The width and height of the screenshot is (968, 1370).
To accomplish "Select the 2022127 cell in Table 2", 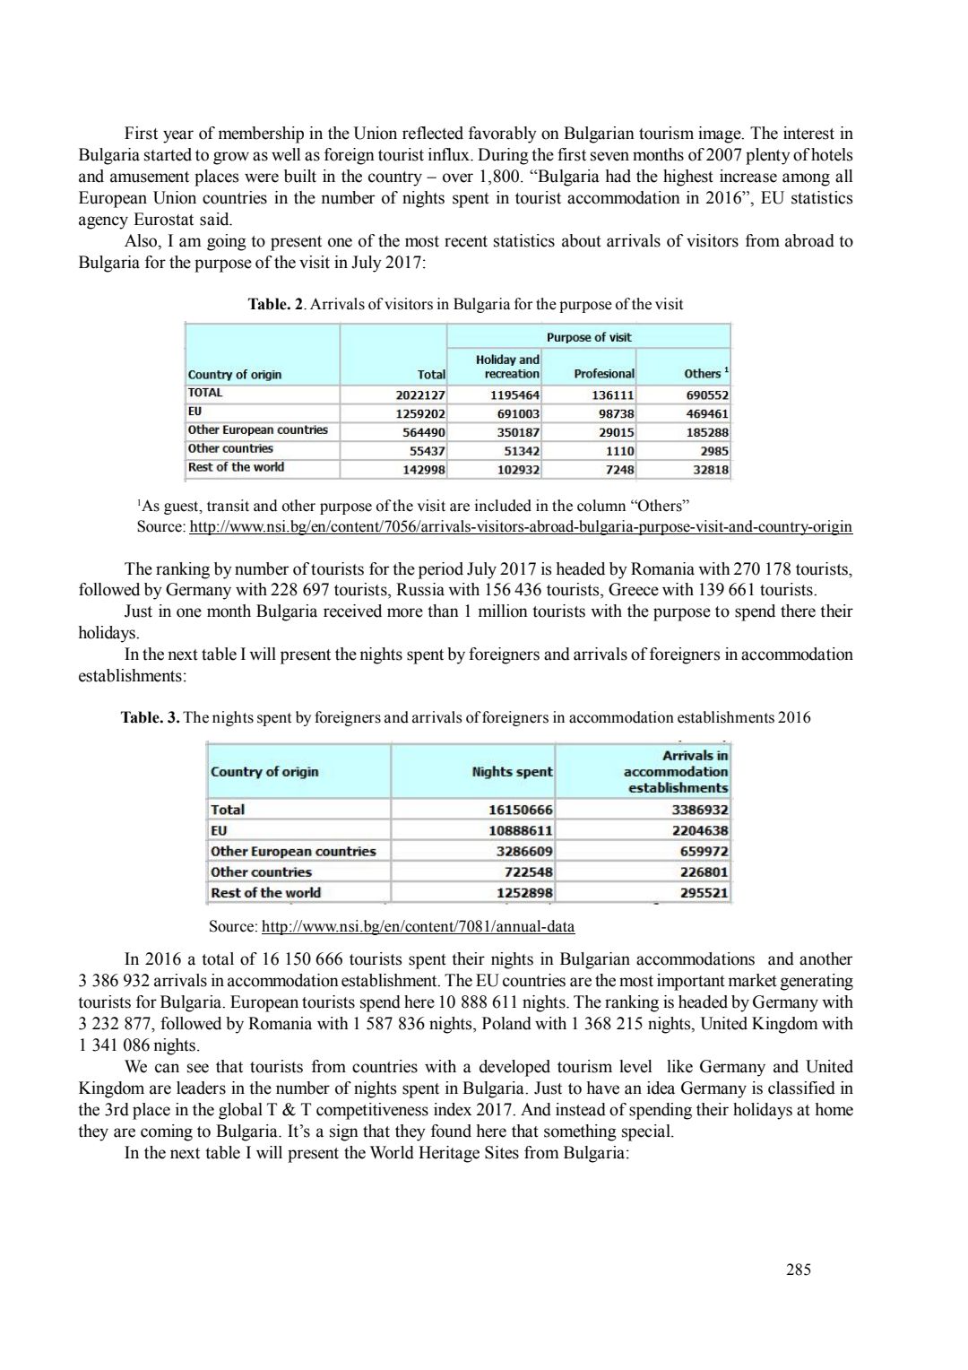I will pyautogui.click(x=420, y=395).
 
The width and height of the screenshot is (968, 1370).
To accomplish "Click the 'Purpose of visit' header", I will pyautogui.click(x=588, y=337).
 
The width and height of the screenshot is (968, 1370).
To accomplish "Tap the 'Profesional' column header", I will pyautogui.click(x=603, y=373).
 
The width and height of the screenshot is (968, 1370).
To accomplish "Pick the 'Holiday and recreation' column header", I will pyautogui.click(x=507, y=367).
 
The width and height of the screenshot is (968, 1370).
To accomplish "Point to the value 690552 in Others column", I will pyautogui.click(x=706, y=395).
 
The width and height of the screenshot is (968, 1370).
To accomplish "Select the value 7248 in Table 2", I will pyautogui.click(x=619, y=470).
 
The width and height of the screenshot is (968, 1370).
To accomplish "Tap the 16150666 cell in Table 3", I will pyautogui.click(x=520, y=810).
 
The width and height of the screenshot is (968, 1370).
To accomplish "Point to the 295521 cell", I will pyautogui.click(x=704, y=893).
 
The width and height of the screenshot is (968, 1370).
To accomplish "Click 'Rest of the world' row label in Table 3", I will pyautogui.click(x=265, y=893).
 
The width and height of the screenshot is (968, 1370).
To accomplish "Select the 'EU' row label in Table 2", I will pyautogui.click(x=194, y=412).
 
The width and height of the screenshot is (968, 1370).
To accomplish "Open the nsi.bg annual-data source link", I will pyautogui.click(x=417, y=926).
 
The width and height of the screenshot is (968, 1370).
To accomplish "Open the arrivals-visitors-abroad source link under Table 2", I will pyautogui.click(x=521, y=526).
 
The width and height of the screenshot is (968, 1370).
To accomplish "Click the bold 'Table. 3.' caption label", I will pyautogui.click(x=151, y=717).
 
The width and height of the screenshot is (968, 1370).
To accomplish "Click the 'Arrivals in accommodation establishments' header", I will pyautogui.click(x=677, y=771).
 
